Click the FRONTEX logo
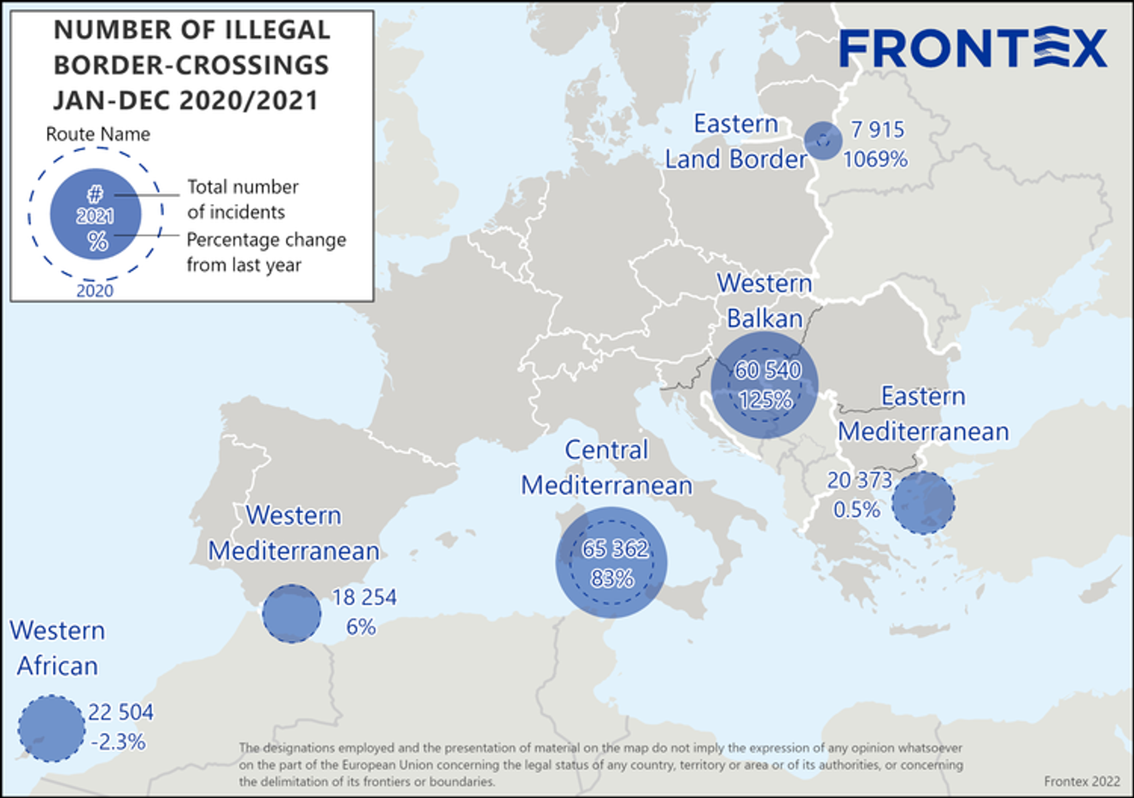coord(973,48)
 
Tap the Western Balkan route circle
coord(765,384)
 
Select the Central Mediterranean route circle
coord(611,562)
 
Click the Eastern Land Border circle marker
coord(823,141)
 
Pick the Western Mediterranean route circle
coord(291,614)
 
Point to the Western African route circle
coord(51,728)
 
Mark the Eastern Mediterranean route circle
coord(923,504)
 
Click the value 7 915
coord(877,130)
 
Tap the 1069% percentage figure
coord(875,160)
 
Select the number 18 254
coord(365,597)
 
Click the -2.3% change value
coord(118,742)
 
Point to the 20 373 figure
coord(859,481)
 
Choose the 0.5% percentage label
coord(856,510)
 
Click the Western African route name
coord(57,648)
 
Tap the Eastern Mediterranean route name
coord(923,414)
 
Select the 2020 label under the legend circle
coord(95,290)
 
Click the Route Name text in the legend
coord(97,134)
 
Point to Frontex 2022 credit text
coord(1081,781)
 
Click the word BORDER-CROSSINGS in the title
coord(191,65)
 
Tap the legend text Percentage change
coord(266,240)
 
